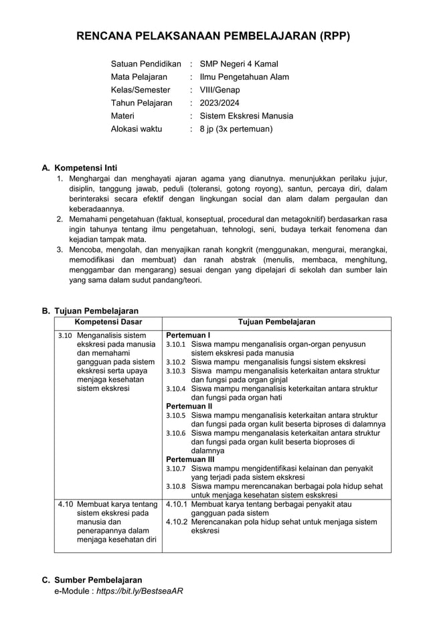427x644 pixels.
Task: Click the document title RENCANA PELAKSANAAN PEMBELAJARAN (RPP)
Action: (213, 36)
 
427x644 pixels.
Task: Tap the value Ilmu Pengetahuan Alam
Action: (244, 77)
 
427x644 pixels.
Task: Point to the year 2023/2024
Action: (220, 103)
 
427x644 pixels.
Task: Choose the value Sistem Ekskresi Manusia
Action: (246, 116)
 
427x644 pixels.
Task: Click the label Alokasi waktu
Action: (137, 129)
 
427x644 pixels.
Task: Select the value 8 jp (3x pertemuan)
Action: (236, 129)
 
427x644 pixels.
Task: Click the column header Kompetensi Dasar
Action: (108, 322)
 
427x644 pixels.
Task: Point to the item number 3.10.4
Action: (175, 388)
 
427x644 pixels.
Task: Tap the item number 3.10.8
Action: (175, 486)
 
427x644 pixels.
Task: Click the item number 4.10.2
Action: (177, 521)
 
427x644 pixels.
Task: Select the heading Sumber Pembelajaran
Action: (98, 580)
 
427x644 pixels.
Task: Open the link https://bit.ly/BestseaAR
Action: (140, 591)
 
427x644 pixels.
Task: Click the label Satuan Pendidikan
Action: (146, 64)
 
